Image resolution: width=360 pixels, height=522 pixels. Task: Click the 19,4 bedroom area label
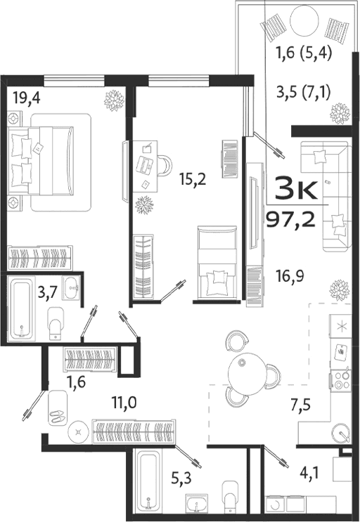[x=27, y=98]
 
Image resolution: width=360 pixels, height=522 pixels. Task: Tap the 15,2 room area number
[x=191, y=179]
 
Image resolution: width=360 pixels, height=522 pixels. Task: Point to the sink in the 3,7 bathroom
[x=70, y=287]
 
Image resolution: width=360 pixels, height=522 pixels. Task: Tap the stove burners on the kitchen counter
[x=342, y=380]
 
